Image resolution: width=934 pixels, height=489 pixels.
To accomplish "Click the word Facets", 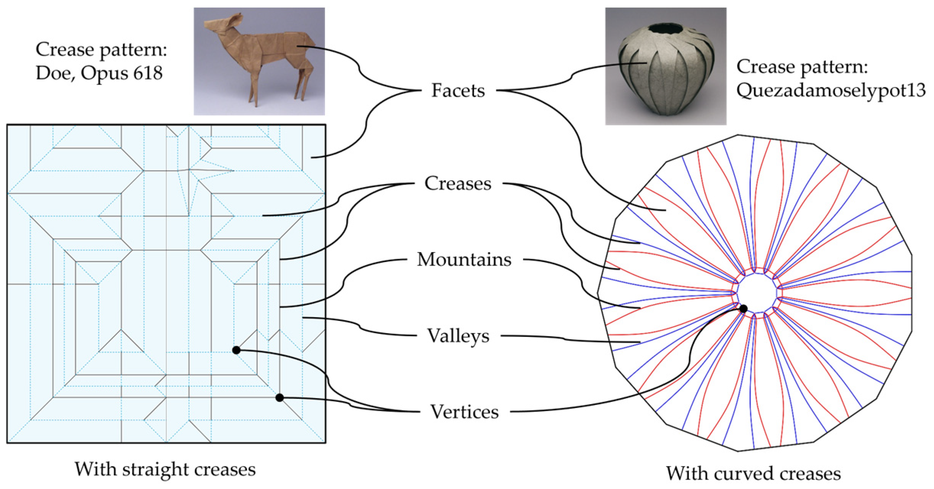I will click(458, 91).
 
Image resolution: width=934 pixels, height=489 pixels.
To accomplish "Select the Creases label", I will click(458, 183).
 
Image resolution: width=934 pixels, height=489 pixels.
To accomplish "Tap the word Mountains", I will click(464, 259).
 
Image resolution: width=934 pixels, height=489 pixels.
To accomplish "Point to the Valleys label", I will click(458, 336).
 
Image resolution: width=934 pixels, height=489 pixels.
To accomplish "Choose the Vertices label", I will click(465, 412).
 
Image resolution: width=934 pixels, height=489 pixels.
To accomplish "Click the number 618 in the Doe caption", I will click(148, 72).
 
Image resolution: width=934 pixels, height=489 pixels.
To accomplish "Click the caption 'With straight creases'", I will click(165, 469).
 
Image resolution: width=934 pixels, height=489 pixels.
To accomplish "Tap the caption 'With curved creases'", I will click(754, 473).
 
